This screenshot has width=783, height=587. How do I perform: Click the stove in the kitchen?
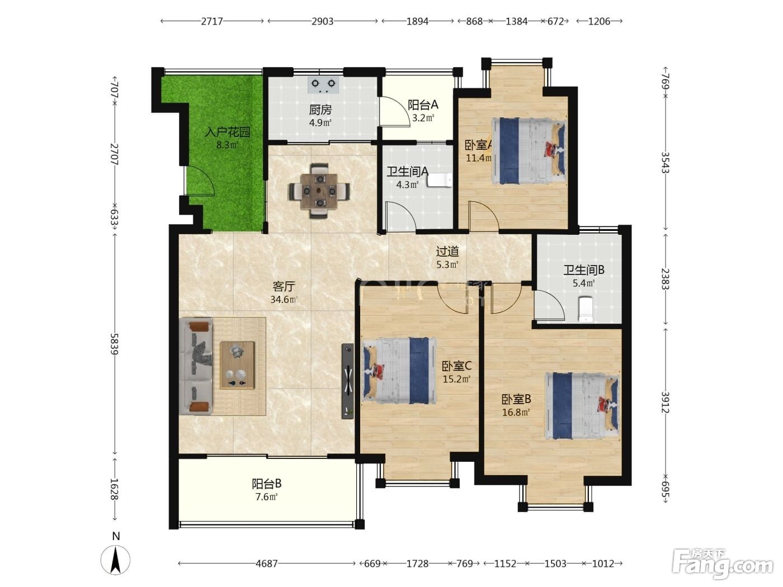click(x=323, y=85)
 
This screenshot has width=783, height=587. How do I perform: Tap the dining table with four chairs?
click(x=319, y=191)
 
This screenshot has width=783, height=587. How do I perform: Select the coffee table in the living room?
click(x=237, y=365)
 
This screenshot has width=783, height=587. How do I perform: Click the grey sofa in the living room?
click(x=196, y=367)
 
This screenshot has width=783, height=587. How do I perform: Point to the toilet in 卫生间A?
click(x=441, y=180)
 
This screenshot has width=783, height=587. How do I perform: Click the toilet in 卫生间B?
click(x=586, y=309)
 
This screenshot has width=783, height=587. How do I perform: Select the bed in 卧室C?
click(x=400, y=371)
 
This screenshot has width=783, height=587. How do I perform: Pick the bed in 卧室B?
click(x=582, y=406)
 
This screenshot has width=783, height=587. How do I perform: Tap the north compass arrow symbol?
click(x=115, y=560)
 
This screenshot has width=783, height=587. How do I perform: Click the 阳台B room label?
click(x=266, y=484)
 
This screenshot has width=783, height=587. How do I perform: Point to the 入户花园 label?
click(x=227, y=132)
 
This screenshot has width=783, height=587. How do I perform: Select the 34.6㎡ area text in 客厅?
click(x=284, y=300)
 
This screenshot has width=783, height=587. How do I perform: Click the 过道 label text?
click(x=447, y=252)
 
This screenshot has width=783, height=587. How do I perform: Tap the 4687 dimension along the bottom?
click(x=266, y=564)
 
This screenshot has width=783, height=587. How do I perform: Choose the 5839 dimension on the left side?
click(x=114, y=344)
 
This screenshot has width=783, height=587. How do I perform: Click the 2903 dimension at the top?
click(x=323, y=21)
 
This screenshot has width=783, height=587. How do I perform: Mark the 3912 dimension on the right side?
click(x=666, y=403)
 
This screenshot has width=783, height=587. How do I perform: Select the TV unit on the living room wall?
click(x=348, y=381)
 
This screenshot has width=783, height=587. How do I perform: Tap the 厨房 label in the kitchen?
click(x=320, y=110)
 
